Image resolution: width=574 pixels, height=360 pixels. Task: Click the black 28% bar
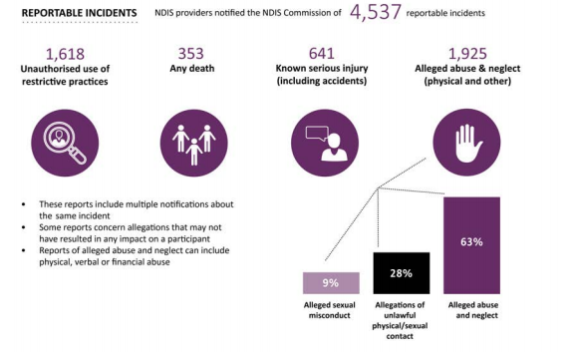click(400, 273)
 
